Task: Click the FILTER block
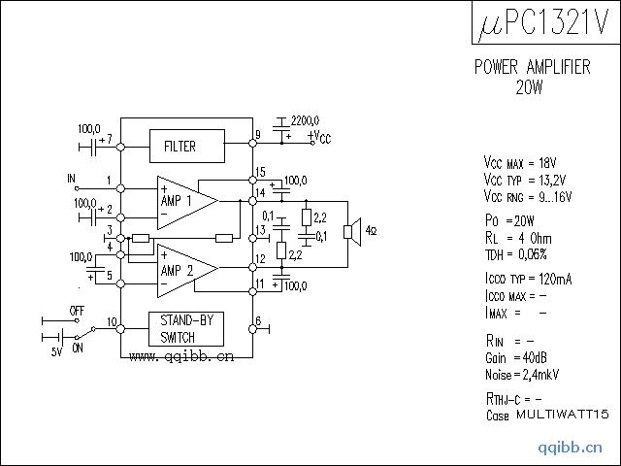pos(187,146)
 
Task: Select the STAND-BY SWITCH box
pos(186,329)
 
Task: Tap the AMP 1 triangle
pos(187,203)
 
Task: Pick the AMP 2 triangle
pos(187,270)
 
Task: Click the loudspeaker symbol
pos(352,232)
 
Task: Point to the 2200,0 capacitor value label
pos(305,120)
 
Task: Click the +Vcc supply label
pos(319,137)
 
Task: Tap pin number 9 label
pos(258,135)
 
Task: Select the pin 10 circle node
pos(120,329)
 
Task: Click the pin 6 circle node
pos(252,329)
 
